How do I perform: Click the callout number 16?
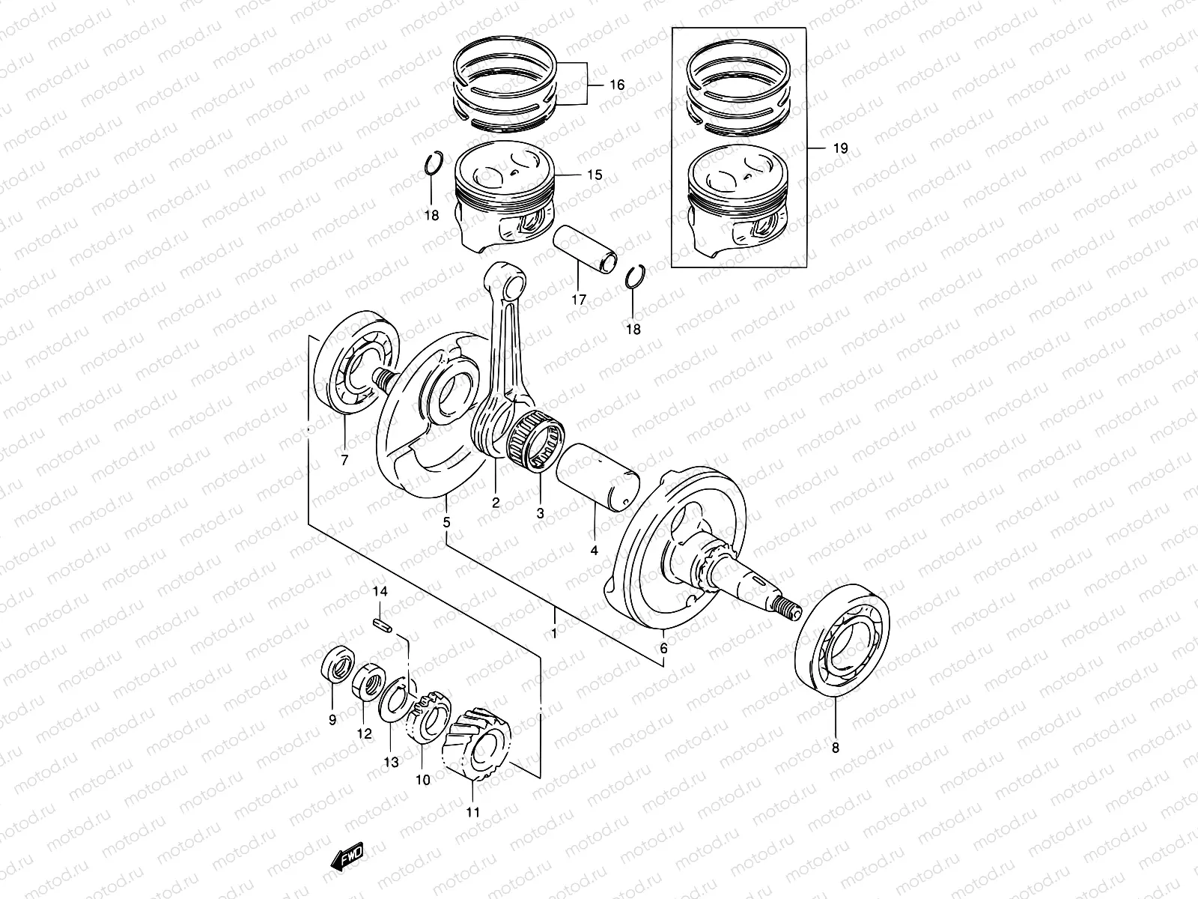[616, 85]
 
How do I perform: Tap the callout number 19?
[840, 148]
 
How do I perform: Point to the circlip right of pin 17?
[635, 278]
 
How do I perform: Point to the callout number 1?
[554, 634]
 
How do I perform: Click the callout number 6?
[663, 649]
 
